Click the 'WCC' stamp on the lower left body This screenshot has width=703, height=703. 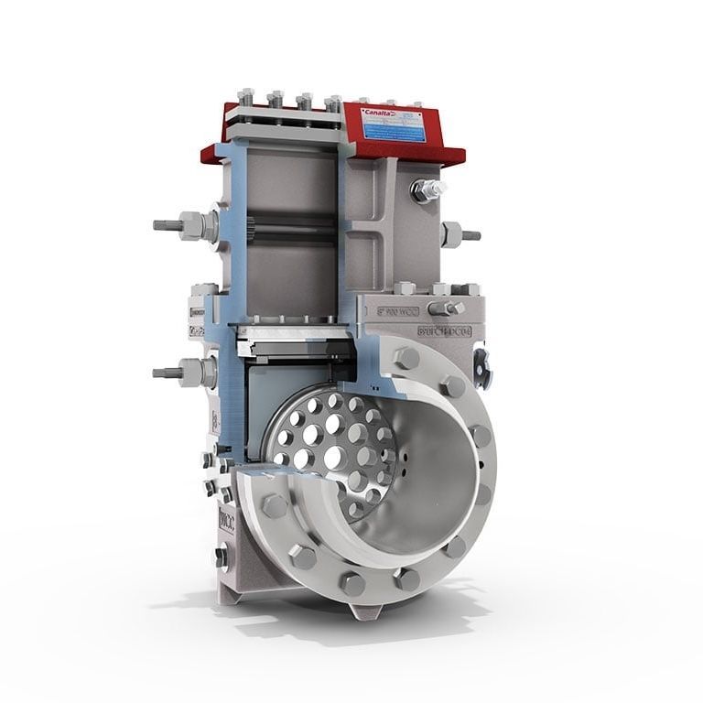click(225, 522)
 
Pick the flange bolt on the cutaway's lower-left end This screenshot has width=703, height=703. click(273, 506)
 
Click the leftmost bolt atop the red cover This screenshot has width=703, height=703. click(245, 96)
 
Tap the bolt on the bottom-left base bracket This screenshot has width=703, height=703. click(222, 554)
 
